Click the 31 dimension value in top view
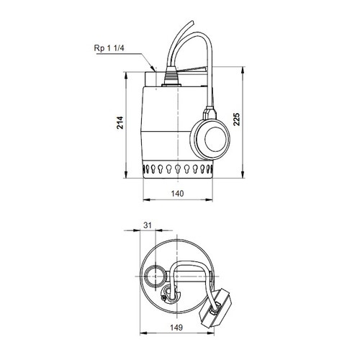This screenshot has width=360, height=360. click(148, 225)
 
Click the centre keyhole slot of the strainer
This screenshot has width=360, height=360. click(177, 171)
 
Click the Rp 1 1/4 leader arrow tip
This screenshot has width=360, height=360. click(153, 68)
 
